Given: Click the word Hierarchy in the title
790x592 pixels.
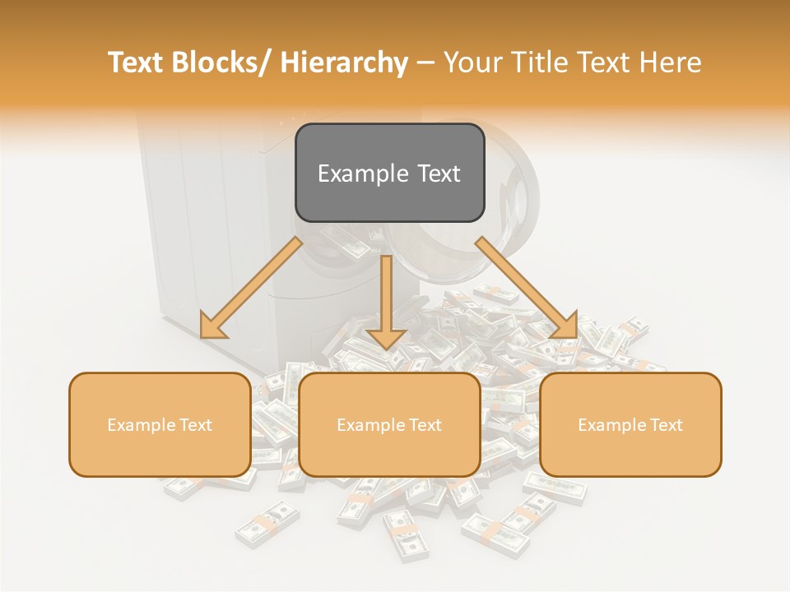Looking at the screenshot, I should [x=344, y=63].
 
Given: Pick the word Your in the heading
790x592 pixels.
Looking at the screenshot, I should [x=472, y=63].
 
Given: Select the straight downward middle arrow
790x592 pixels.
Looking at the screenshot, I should [x=386, y=296].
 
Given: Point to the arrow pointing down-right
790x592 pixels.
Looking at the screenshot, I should [x=527, y=288].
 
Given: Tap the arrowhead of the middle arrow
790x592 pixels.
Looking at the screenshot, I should [x=386, y=337].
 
